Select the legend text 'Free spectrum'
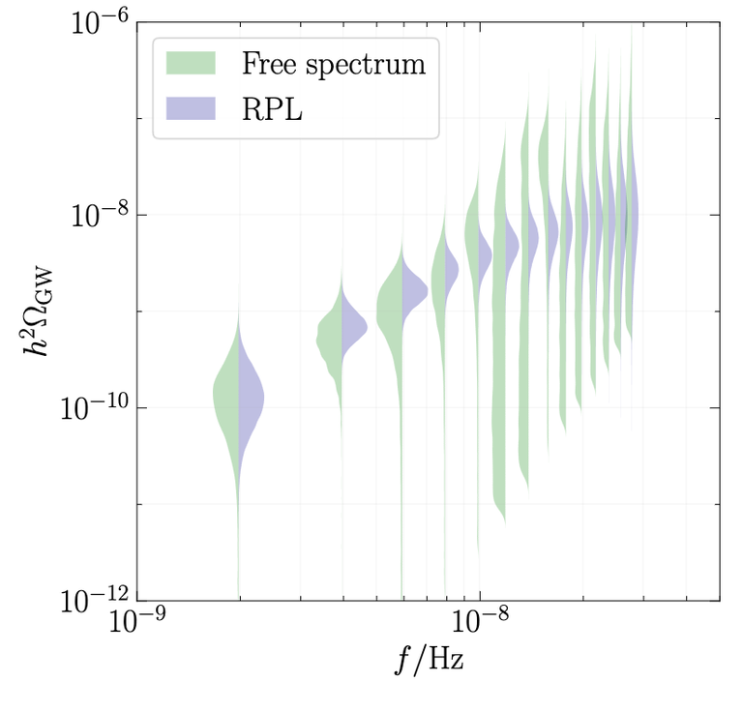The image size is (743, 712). [x=334, y=64]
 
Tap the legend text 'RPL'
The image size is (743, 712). [x=273, y=108]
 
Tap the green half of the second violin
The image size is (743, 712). [x=331, y=339]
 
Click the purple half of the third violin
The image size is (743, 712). [x=412, y=288]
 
